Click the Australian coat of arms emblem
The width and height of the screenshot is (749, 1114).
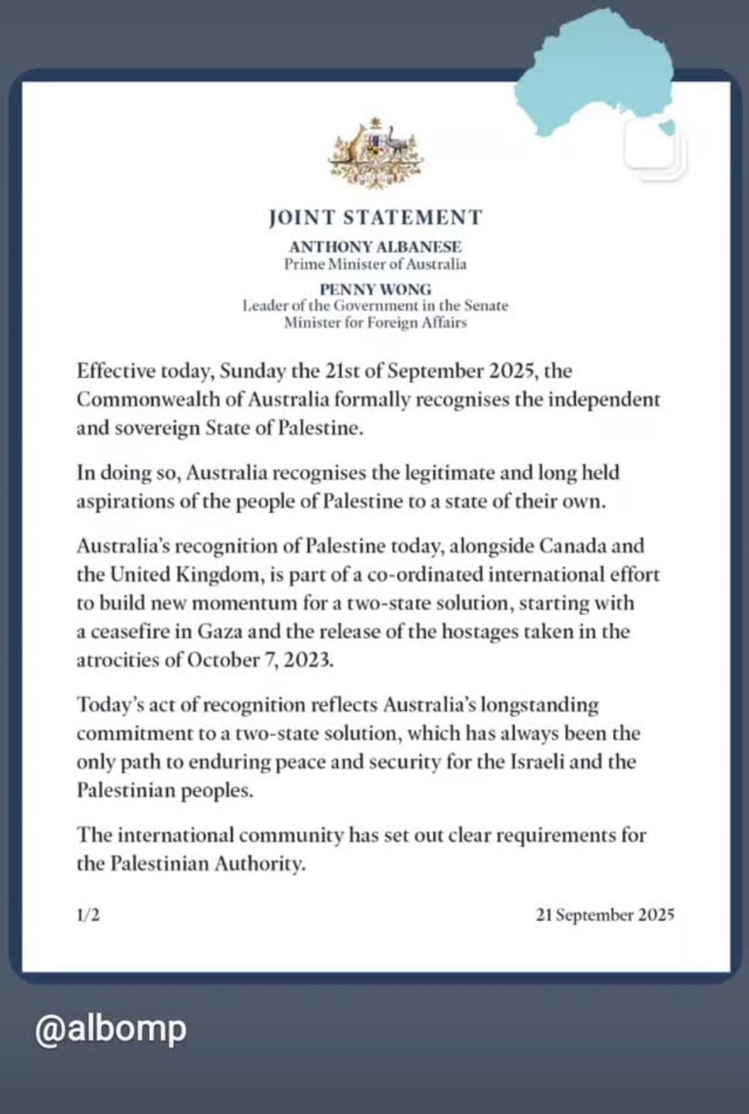coord(375,153)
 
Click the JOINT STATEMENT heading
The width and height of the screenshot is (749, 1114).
coord(375,218)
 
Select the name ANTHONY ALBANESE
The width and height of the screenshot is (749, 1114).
coord(375,247)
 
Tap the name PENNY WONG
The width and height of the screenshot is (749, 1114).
coord(375,289)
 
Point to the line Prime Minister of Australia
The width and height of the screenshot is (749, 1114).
coord(375,264)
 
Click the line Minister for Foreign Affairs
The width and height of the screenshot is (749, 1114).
coord(375,323)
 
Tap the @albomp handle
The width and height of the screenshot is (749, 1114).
coord(111,1029)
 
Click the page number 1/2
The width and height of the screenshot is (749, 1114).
coord(88,915)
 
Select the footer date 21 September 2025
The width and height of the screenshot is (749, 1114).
coord(605,915)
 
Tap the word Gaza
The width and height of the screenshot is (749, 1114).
coord(219,632)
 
